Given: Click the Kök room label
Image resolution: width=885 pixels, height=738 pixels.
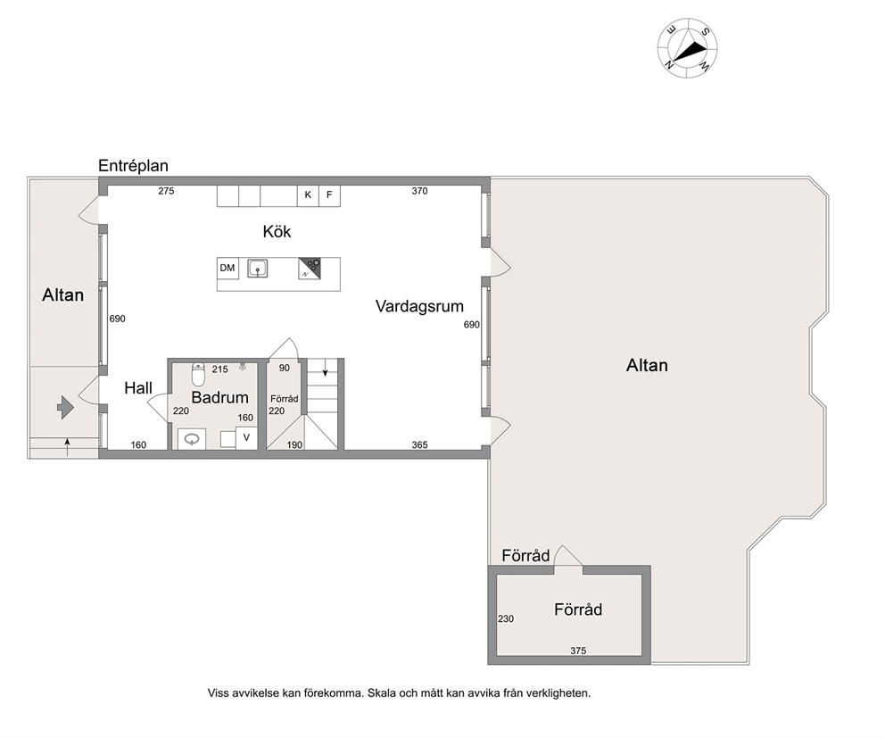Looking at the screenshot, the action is pos(277,231).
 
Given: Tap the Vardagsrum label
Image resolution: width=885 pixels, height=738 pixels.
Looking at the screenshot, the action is pos(419,306).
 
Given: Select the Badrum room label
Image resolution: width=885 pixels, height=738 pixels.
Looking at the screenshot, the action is pos(219,397).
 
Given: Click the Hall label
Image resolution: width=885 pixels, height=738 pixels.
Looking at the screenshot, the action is pos(138,388).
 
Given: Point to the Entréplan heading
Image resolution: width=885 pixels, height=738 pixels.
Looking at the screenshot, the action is pos(133,165).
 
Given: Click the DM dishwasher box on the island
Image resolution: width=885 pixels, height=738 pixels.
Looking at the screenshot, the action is pos(227,268).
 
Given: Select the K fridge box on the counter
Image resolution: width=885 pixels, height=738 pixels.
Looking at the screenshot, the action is pos(308,195).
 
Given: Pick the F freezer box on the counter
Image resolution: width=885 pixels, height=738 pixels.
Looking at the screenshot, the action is pos(329,195).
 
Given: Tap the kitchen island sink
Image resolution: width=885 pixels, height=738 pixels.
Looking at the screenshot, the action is pos(257,269).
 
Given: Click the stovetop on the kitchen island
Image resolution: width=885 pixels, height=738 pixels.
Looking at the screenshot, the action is pos(310,269).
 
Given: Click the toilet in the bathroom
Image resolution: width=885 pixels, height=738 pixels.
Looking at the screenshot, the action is pos(198,374).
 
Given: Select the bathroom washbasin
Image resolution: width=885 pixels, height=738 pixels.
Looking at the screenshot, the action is pos(192,439).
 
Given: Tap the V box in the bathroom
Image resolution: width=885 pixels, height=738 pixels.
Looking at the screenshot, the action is pos(246,437).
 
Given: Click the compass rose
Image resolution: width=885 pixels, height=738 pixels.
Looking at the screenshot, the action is pos(688,48).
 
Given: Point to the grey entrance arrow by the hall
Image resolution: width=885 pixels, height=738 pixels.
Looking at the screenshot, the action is pos(65,407).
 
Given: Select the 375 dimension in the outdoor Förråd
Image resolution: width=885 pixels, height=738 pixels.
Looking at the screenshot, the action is pos(578,651).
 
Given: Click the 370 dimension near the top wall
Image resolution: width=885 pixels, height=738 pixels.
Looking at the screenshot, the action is pos(419,191).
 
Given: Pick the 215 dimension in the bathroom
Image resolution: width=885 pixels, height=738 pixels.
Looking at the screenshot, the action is pos(219,369).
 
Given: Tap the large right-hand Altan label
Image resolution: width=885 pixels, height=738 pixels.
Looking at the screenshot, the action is pos(647,365).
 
